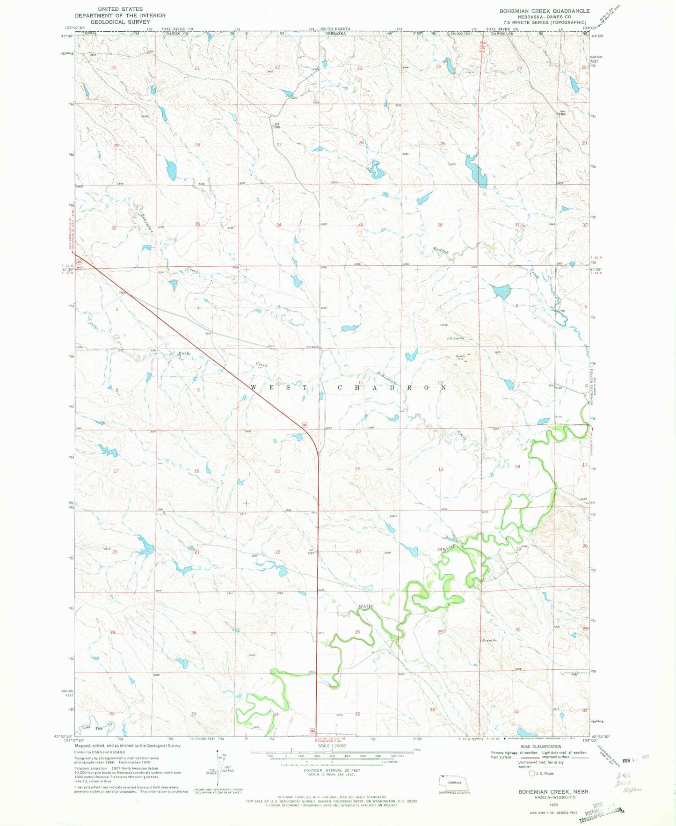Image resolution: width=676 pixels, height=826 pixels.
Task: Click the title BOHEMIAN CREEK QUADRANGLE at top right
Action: click(538, 11)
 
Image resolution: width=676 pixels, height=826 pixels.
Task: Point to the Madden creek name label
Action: click(441, 251)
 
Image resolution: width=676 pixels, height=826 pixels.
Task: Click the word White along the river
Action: click(366, 607)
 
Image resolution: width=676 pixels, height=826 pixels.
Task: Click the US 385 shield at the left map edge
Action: click(80, 262)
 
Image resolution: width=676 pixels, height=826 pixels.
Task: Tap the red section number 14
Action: click(357, 468)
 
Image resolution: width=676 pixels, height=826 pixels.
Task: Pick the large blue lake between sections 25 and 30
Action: click(476, 172)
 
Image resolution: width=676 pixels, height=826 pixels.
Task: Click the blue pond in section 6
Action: click(502, 292)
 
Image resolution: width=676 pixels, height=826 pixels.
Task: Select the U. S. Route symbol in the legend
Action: click(531, 774)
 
